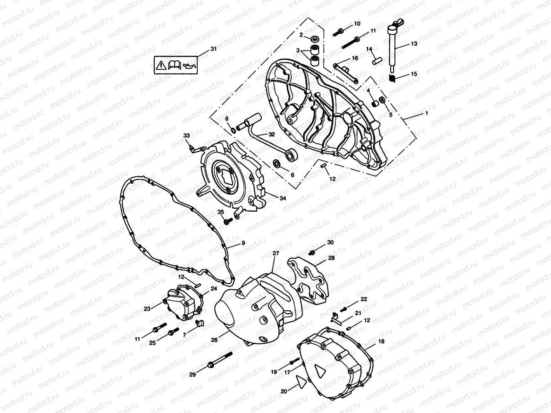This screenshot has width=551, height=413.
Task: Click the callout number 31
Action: click(213, 49)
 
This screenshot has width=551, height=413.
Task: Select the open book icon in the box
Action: click(174, 64)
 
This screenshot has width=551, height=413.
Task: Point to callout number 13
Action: click(414, 43)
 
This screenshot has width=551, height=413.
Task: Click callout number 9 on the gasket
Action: click(243, 243)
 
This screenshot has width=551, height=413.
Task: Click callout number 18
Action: click(381, 341)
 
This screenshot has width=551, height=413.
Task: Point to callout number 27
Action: click(275, 253)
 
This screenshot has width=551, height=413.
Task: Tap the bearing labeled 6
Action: click(276, 163)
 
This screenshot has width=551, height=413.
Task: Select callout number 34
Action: click(283, 198)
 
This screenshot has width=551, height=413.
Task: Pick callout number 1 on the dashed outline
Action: click(426, 113)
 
